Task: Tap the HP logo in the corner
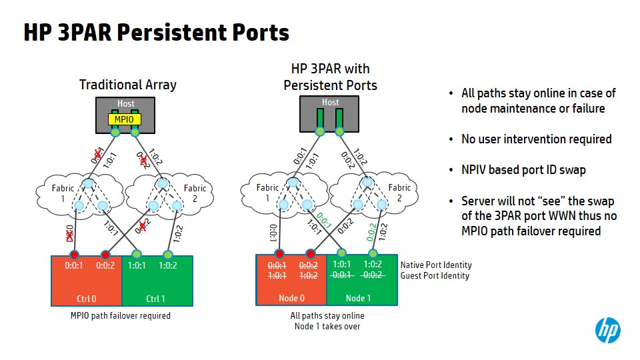(x=607, y=330)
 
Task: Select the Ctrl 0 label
(x=87, y=299)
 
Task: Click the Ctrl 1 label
(x=157, y=299)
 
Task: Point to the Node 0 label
(x=292, y=299)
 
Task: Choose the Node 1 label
(x=359, y=299)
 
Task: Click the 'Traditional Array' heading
(x=128, y=85)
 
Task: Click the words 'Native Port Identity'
(x=436, y=265)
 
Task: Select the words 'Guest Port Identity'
(x=435, y=275)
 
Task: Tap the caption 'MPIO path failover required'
(x=121, y=315)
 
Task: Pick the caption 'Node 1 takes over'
(x=327, y=326)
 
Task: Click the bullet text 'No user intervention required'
(x=537, y=139)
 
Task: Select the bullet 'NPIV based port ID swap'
(x=523, y=170)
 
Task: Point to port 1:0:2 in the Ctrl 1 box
(x=168, y=265)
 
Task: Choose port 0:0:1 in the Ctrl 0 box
(x=73, y=265)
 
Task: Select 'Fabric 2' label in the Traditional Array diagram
(x=195, y=193)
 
